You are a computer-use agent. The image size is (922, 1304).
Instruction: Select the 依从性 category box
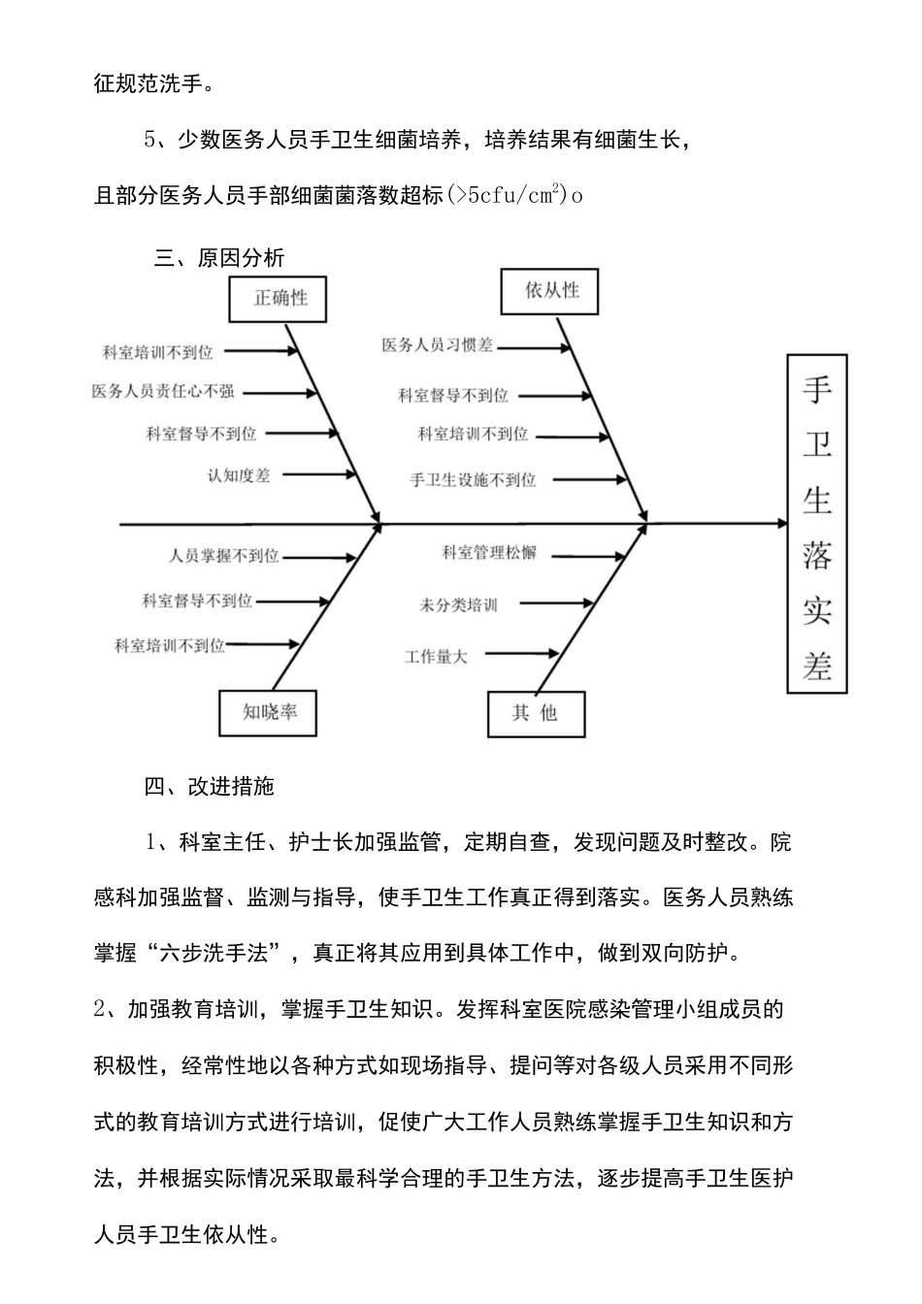point(551,290)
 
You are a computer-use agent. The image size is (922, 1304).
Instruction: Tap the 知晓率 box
point(269,712)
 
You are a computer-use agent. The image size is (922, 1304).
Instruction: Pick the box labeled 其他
point(535,714)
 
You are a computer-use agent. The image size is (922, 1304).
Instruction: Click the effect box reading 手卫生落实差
point(816,524)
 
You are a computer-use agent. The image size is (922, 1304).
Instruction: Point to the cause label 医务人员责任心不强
point(163,392)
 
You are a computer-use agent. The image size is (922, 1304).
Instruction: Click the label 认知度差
point(239,475)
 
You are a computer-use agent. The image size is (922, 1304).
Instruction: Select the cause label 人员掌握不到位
point(223,556)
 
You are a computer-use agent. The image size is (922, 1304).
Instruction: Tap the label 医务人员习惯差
point(437,345)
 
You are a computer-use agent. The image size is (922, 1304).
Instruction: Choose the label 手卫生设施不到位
point(473,479)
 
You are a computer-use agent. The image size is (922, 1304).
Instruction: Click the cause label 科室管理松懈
point(488,553)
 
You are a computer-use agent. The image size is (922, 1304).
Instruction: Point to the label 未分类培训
point(458,605)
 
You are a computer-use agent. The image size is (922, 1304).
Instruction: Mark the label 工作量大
point(436,657)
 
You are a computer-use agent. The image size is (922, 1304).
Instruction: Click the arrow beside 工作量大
point(521,654)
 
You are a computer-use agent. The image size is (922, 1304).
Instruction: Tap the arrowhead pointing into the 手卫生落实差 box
point(781,524)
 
